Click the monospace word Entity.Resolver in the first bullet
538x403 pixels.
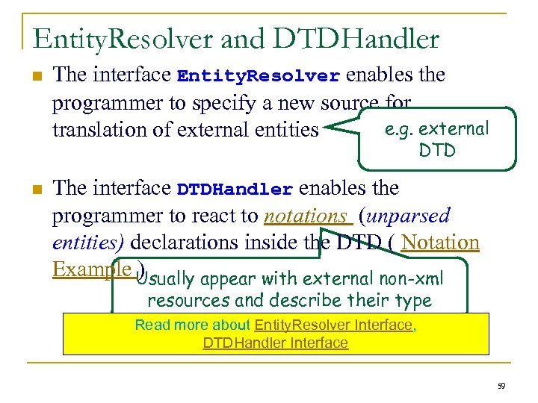[x=259, y=76]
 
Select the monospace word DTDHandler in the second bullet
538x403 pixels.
[x=234, y=190]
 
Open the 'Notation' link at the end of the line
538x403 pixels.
[x=439, y=243]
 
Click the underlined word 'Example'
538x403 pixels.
[x=92, y=269]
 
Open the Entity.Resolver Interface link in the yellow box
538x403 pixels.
[x=333, y=325]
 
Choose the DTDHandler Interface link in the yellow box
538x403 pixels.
[x=275, y=343]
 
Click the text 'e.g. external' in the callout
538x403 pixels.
[x=436, y=129]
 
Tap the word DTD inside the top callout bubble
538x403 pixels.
[x=437, y=151]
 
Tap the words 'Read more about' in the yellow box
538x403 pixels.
[x=193, y=325]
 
